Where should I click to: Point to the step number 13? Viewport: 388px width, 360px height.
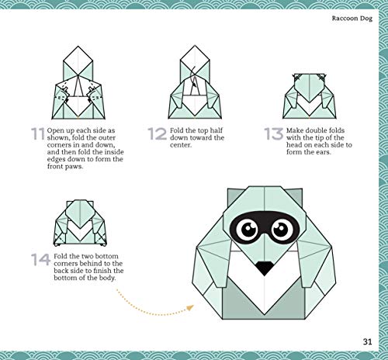(274, 134)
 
